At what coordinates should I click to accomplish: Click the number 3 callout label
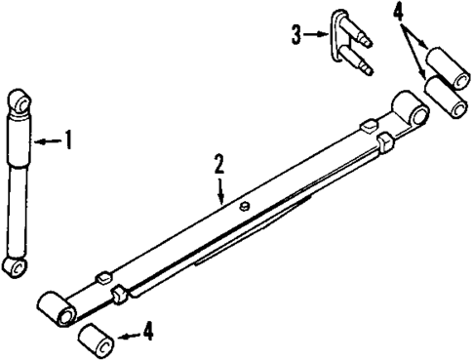click(296, 35)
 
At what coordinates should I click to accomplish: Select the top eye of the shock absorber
click(21, 100)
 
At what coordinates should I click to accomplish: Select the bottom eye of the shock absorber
click(15, 267)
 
